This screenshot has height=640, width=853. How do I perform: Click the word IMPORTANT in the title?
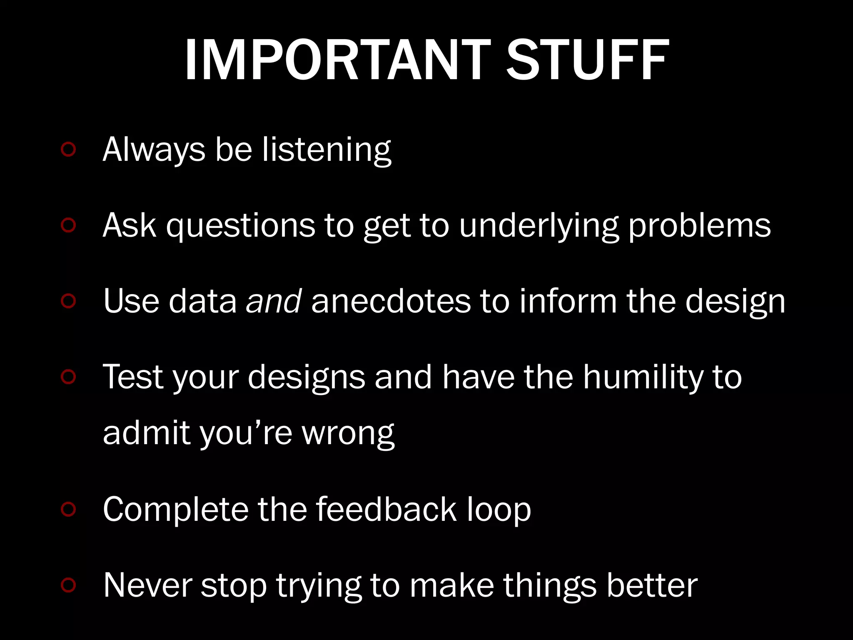tap(337, 60)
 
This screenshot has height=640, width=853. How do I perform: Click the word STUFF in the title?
tap(587, 60)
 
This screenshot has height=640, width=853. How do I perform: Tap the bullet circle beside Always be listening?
tap(68, 150)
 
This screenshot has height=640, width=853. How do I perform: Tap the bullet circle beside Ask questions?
tap(68, 225)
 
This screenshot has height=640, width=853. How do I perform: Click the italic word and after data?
tap(274, 301)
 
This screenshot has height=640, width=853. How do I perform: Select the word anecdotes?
tap(391, 301)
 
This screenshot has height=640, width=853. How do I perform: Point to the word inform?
tap(568, 301)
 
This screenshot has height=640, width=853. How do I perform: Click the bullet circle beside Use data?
tap(68, 301)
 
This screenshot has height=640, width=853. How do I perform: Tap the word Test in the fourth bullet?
tap(133, 377)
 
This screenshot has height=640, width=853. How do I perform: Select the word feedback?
tap(386, 509)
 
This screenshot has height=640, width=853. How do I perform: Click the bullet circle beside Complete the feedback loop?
tap(68, 509)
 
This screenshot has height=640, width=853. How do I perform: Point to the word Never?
tap(147, 585)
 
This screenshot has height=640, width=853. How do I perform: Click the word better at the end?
tap(652, 585)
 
